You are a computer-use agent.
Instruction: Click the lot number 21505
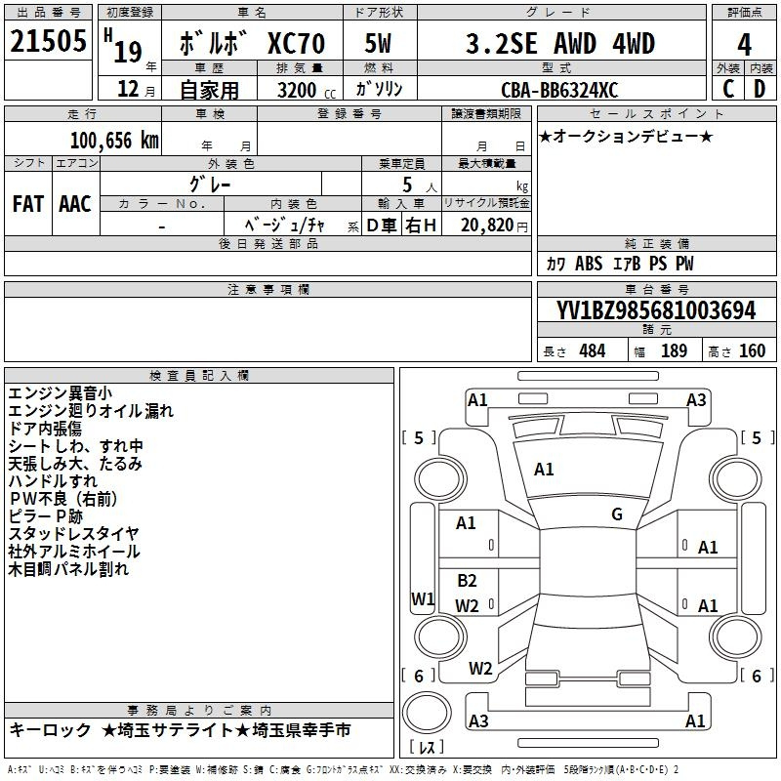point(48,41)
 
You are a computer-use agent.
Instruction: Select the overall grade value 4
point(744,44)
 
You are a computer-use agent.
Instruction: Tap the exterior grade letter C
point(728,89)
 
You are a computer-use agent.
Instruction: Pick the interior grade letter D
point(760,89)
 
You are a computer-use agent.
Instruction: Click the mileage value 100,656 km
point(114,141)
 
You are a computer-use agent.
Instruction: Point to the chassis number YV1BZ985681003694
point(656,310)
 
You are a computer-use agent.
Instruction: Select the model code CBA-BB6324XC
point(559,90)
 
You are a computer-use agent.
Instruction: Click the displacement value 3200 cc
point(307,90)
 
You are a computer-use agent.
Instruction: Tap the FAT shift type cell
point(28,204)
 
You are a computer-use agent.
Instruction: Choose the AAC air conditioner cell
point(75,204)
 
